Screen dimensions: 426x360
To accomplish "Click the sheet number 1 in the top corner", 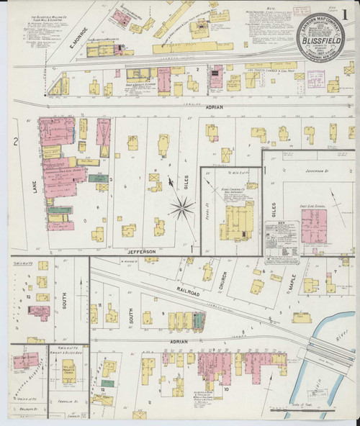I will (x=349, y=12).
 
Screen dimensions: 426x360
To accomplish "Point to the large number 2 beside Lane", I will (x=13, y=142).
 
